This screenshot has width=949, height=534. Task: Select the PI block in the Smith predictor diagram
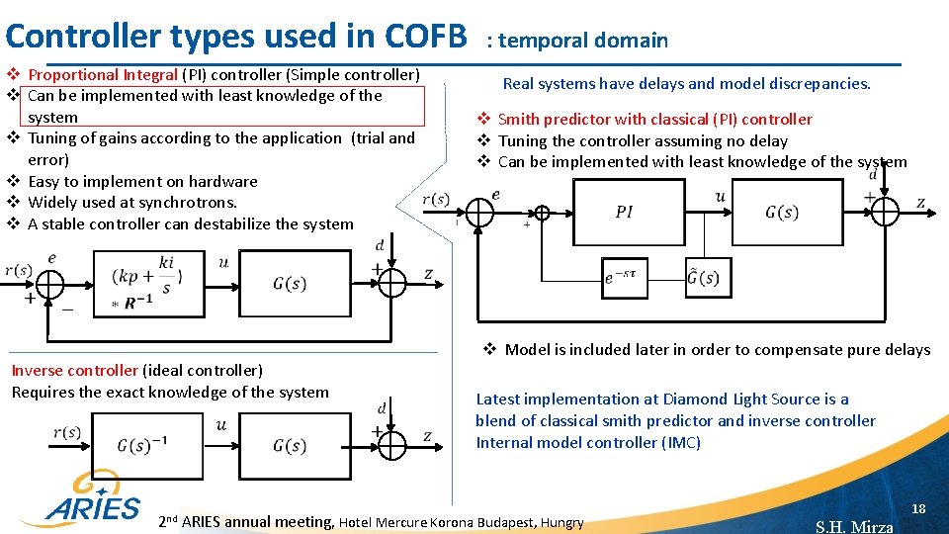coord(624,212)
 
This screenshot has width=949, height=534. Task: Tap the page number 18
coord(917,508)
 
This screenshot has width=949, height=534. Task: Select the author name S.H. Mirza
coord(854,526)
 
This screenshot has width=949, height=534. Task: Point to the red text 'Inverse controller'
coord(74,371)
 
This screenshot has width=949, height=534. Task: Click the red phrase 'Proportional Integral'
coord(103,74)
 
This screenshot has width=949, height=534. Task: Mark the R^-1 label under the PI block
coord(137,303)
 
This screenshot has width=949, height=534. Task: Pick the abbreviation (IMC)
coord(680,442)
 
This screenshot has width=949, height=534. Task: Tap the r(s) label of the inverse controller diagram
coord(67,432)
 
